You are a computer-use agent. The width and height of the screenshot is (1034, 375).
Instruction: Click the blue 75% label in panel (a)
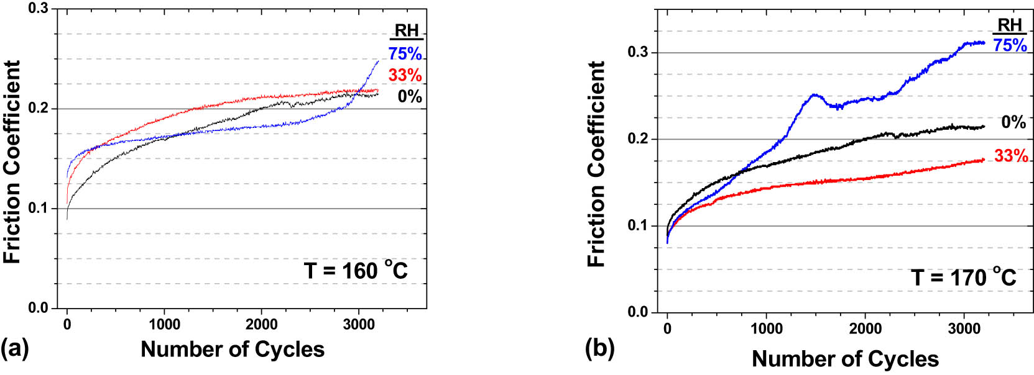click(405, 54)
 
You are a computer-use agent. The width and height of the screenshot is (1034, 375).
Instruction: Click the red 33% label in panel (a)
click(405, 75)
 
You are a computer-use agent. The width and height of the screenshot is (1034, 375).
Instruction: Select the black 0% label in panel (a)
click(410, 96)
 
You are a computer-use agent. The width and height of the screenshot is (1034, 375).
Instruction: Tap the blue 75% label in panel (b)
click(1010, 45)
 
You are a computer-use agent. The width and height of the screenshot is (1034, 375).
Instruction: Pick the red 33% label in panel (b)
click(1011, 156)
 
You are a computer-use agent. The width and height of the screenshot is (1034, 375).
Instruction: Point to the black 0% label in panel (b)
click(1013, 122)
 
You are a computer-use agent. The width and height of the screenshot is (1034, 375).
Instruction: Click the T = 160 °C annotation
click(356, 271)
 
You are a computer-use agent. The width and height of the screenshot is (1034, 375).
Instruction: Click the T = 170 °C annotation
click(963, 277)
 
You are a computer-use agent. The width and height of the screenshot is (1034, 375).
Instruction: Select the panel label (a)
click(15, 348)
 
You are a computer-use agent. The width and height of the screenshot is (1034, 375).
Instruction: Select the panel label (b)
click(599, 348)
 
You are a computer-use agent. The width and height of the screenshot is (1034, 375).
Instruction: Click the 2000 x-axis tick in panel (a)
click(262, 325)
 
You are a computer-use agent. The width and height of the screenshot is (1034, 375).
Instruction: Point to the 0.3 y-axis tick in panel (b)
click(637, 52)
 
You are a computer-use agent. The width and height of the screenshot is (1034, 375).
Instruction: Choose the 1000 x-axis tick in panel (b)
click(766, 328)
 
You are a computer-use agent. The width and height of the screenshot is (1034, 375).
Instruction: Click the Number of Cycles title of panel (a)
click(233, 350)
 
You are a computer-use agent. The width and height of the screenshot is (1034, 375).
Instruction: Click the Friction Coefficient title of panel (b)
click(596, 164)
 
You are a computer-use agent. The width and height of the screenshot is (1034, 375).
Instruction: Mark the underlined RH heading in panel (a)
click(407, 31)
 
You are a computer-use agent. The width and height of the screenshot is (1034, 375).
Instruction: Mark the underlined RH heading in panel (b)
click(1010, 25)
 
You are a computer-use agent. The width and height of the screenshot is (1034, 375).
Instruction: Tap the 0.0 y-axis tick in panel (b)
click(637, 312)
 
